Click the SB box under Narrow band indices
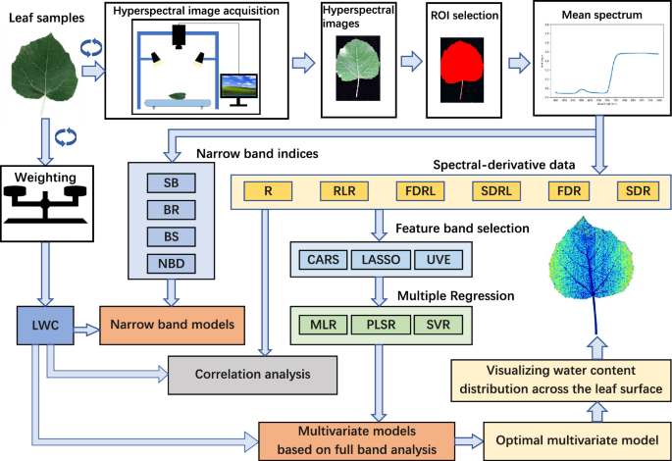coord(172,182)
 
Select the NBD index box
coord(172,262)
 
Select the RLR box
coord(344,191)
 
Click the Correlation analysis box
coord(253,373)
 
